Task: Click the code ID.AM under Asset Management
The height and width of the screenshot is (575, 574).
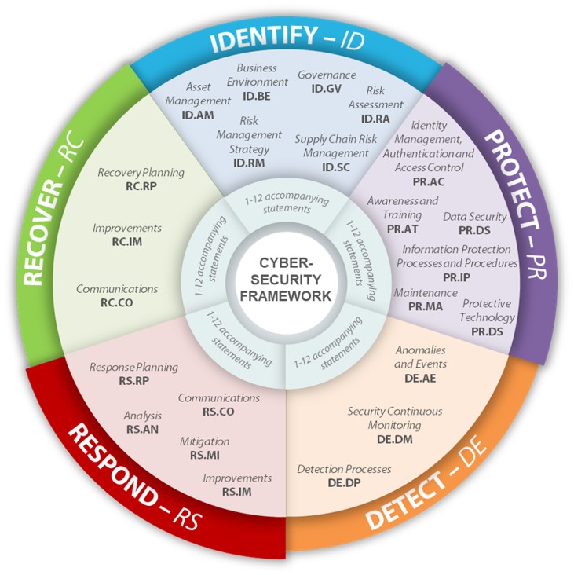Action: (x=199, y=115)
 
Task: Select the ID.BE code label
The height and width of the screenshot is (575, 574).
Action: (x=259, y=95)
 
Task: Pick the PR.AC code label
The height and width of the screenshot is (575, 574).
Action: (x=429, y=181)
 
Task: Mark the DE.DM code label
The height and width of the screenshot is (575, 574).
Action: (x=395, y=438)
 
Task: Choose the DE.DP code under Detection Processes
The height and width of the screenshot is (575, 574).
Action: (x=344, y=482)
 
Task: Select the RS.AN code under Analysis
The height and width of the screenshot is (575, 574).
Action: (x=142, y=430)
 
